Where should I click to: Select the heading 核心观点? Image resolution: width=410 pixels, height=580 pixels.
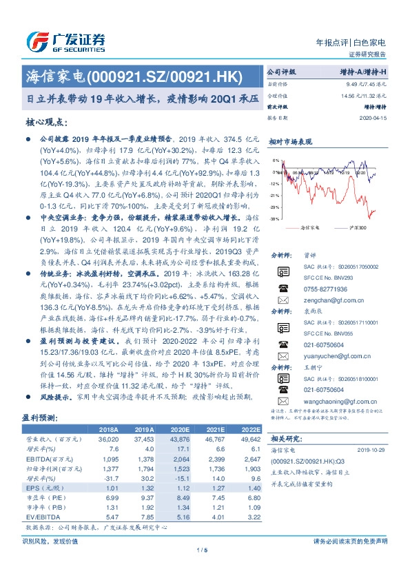coord(48,122)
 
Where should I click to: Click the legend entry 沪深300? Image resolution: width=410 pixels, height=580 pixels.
coord(357,227)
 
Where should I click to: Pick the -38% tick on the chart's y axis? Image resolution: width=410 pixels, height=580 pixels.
coord(274,218)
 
